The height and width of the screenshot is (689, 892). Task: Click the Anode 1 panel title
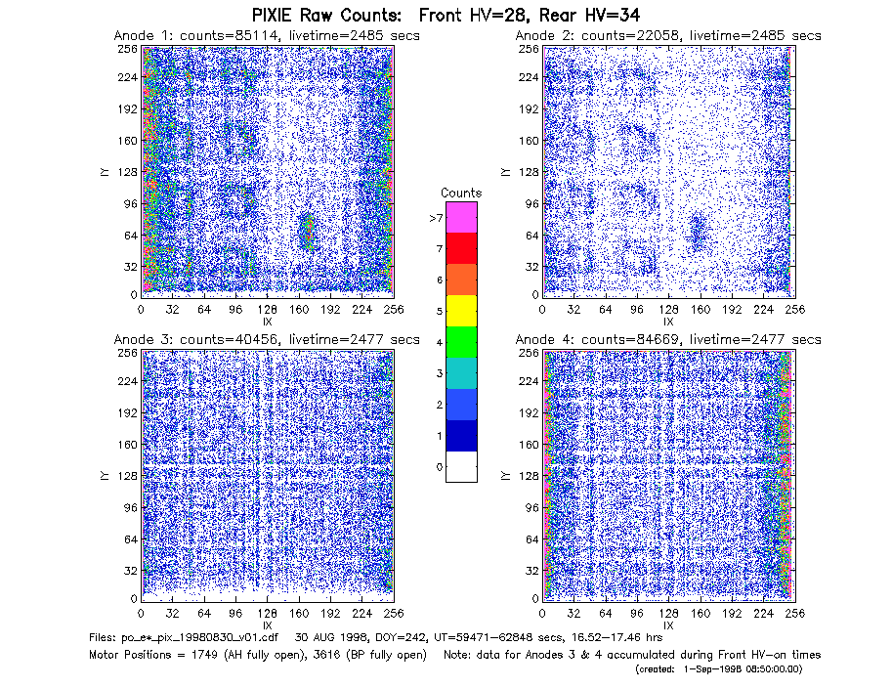[267, 36]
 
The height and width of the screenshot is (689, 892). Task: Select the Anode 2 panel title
[668, 36]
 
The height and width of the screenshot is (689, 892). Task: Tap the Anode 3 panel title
[267, 340]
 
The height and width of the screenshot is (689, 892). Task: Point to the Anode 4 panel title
[668, 340]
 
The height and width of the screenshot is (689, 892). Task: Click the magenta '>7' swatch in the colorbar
[461, 217]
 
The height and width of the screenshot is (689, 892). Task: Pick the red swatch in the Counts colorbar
[461, 248]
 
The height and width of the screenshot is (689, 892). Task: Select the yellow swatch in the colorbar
[461, 311]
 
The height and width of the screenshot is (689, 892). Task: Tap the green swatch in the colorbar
[461, 342]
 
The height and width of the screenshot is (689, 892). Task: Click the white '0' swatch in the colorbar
[461, 467]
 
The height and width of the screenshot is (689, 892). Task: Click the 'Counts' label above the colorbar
[461, 193]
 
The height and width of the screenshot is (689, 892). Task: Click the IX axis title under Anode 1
[268, 323]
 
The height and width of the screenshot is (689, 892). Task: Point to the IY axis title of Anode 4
[504, 476]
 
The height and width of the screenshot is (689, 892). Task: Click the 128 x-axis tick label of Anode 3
[268, 614]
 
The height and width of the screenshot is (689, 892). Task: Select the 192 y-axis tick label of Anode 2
[528, 109]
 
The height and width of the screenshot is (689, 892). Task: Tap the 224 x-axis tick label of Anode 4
[763, 614]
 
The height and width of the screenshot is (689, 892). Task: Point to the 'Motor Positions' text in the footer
[130, 655]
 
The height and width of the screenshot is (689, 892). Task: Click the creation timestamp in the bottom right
[719, 669]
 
